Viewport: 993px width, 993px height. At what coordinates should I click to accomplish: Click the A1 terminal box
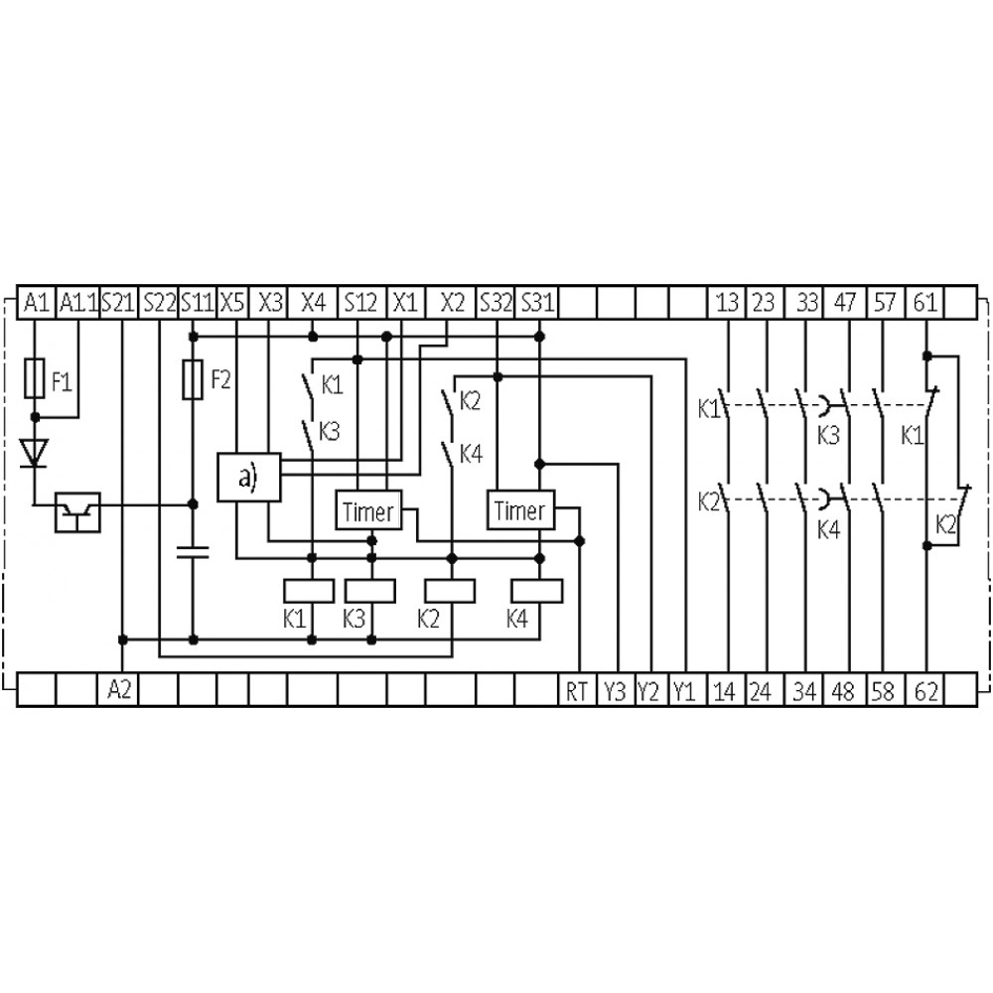pos(36,303)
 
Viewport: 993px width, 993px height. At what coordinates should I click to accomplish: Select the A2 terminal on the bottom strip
pos(118,689)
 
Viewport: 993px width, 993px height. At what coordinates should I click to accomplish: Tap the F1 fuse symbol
pos(34,378)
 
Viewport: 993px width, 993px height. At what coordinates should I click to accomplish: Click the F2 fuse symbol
pos(193,380)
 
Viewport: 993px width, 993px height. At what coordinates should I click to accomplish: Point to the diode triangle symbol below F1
pos(34,453)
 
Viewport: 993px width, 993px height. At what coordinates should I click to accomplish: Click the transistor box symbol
pos(77,512)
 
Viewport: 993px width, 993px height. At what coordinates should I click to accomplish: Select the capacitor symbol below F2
pos(194,551)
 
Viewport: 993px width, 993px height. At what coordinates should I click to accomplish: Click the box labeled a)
pos(249,478)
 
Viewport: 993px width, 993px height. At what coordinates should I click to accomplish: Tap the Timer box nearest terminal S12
pos(368,509)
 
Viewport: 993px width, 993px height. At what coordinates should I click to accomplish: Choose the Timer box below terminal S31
pos(520,509)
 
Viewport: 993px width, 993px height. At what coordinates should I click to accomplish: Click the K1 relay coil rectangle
pos(309,591)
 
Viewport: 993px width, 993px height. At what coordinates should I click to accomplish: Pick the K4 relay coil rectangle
pos(537,591)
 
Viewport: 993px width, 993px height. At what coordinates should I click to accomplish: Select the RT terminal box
pos(577,689)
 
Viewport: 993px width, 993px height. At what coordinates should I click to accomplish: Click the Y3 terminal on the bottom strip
pos(615,689)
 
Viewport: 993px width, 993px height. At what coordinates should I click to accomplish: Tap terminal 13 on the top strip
pos(727,303)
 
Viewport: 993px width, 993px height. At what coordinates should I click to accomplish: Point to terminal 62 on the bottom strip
pos(925,689)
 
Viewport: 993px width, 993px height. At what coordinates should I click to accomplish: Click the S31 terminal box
pos(537,303)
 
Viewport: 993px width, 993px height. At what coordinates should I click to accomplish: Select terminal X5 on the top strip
pos(232,303)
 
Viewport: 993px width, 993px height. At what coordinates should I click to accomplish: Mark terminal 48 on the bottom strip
pos(843,689)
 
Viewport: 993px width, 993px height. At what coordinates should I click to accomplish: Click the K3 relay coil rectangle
pos(370,591)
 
